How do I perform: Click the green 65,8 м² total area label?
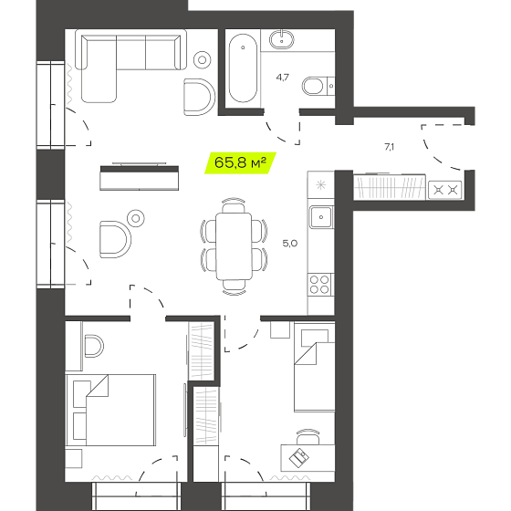point(241,162)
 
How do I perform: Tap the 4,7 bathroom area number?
point(282,78)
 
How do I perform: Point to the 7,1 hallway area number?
point(389,147)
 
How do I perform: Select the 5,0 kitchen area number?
point(290,244)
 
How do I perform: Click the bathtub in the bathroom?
point(243,68)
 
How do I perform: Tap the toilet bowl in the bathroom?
point(314,87)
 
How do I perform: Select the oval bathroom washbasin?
point(282,39)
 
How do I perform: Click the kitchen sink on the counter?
point(321,217)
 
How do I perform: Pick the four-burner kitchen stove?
point(319,285)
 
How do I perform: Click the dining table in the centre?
point(234,246)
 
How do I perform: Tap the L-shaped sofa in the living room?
point(130,66)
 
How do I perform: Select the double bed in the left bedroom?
point(110,410)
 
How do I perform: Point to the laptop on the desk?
point(299,457)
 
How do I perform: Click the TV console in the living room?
point(139,178)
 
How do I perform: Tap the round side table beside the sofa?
point(202,60)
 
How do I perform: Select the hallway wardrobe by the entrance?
point(390,187)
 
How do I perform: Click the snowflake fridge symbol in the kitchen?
point(321,185)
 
